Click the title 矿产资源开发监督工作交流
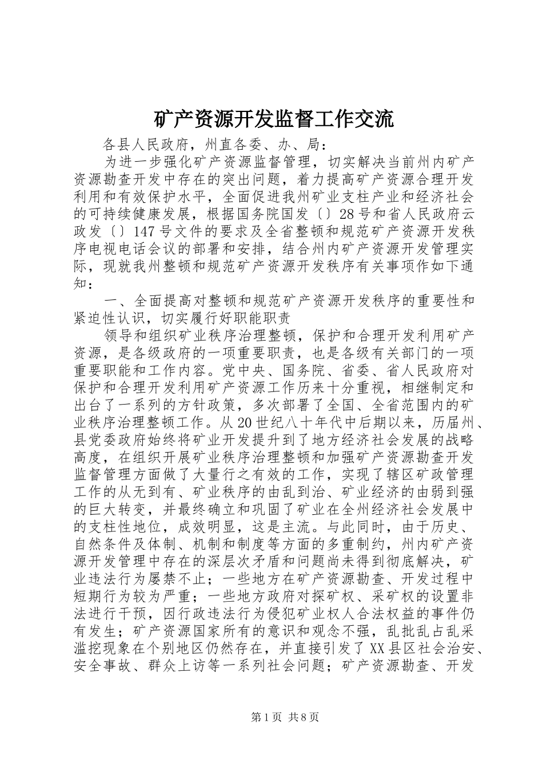click(274, 119)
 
